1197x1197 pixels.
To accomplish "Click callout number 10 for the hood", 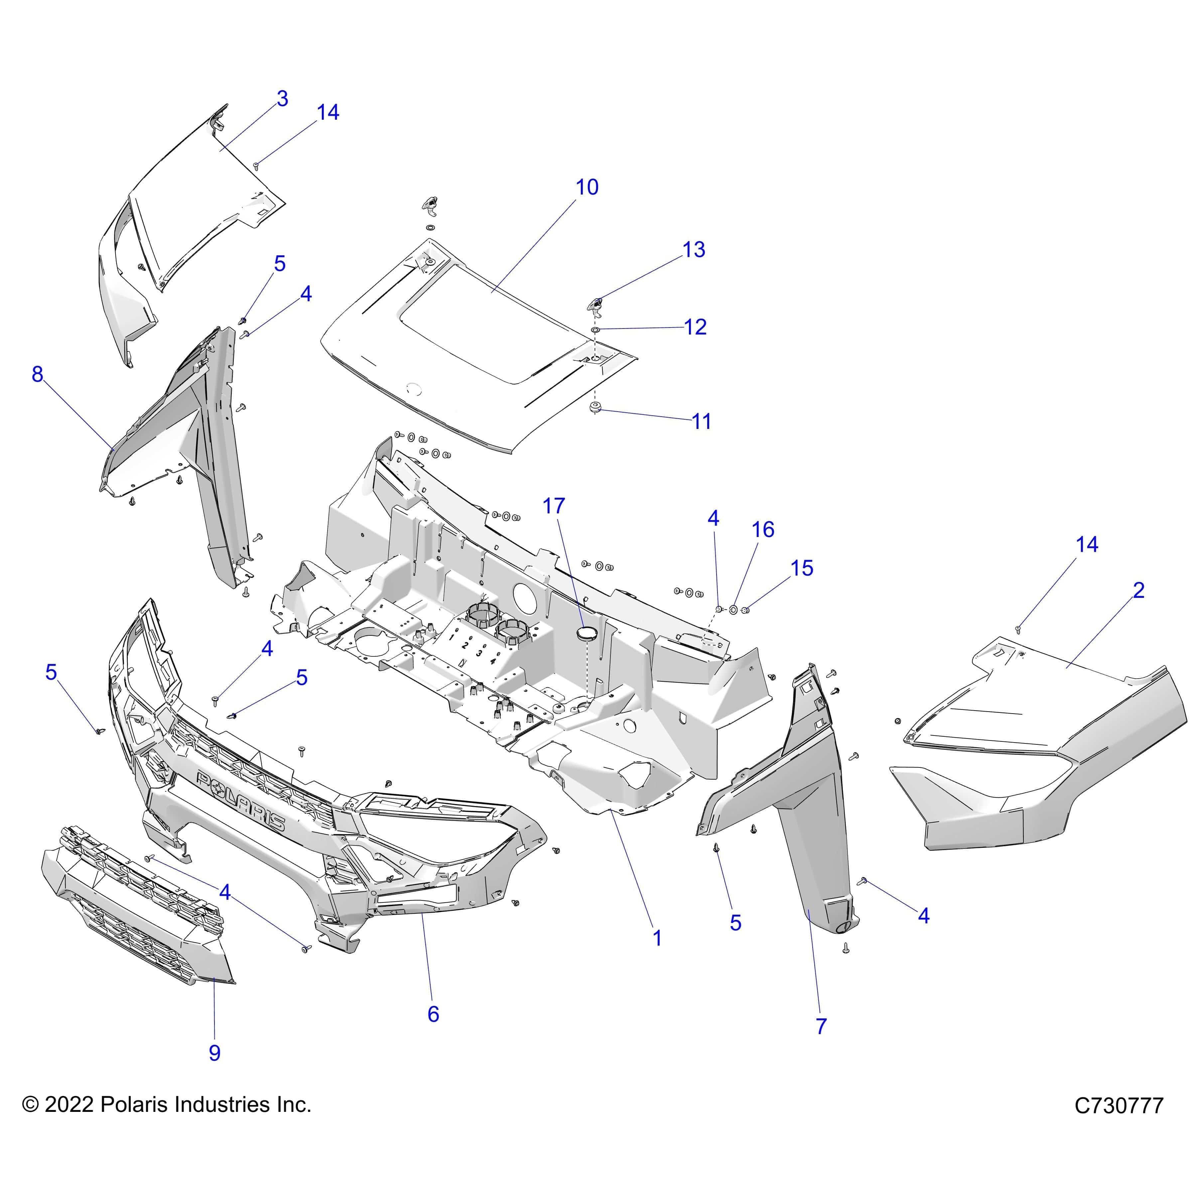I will pyautogui.click(x=587, y=187).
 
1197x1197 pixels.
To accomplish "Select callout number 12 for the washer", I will pyautogui.click(x=695, y=327).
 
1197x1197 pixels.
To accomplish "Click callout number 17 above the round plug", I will pyautogui.click(x=554, y=506).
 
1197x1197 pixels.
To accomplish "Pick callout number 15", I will pyautogui.click(x=802, y=568).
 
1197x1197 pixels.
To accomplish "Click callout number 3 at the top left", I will pyautogui.click(x=283, y=98).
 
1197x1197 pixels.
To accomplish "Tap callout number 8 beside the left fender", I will pyautogui.click(x=38, y=374).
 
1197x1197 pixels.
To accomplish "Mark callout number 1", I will pyautogui.click(x=657, y=955).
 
